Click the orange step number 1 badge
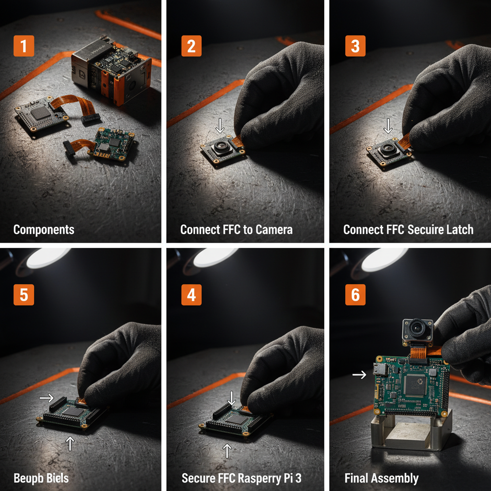pos(24,47)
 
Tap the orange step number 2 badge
pos(191,47)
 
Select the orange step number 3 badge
pos(355,47)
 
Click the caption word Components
pos(44,230)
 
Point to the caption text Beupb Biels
pos(41,478)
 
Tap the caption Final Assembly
pos(381,478)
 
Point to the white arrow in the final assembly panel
pos(360,374)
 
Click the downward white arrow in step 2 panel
pos(220,126)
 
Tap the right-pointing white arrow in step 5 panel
pos(47,397)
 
